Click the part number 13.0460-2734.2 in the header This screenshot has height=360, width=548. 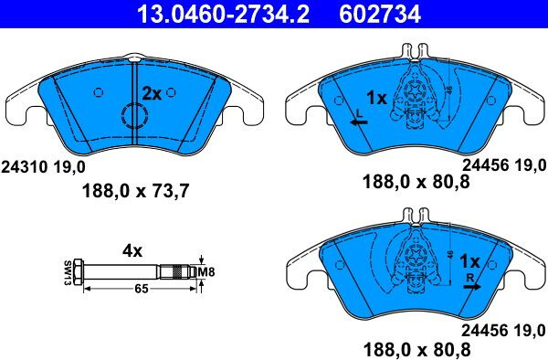click(224, 15)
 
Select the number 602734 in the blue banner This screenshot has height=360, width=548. click(380, 15)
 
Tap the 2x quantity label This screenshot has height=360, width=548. click(152, 94)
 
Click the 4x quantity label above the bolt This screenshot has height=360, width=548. click(132, 251)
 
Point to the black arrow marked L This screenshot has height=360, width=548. click(359, 122)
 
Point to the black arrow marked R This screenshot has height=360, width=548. click(472, 287)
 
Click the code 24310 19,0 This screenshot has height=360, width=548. click(43, 167)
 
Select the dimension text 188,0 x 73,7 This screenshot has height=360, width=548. click(135, 191)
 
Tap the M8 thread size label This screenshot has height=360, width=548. click(206, 272)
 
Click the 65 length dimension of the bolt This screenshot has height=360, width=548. click(142, 289)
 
